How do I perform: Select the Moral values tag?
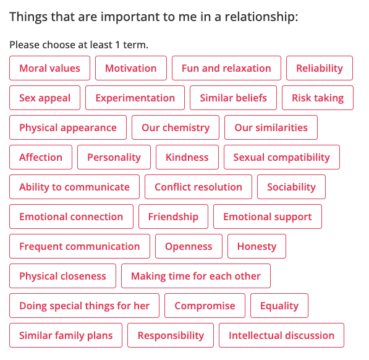[49, 68]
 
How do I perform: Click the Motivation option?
[131, 68]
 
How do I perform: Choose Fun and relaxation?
[226, 68]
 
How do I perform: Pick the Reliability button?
[320, 68]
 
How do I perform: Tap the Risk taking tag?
[318, 98]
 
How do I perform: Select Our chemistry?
[176, 127]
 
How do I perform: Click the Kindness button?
[187, 157]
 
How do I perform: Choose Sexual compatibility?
[282, 157]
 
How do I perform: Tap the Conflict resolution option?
[198, 187]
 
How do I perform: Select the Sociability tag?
[291, 187]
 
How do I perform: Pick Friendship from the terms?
[174, 216]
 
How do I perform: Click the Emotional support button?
[268, 216]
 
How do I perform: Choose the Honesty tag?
[257, 246]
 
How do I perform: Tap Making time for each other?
[196, 276]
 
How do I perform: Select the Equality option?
[279, 306]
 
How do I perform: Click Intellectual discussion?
[281, 335]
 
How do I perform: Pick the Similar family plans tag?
[66, 335]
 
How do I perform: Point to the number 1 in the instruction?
[117, 45]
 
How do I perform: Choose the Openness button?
[189, 246]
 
